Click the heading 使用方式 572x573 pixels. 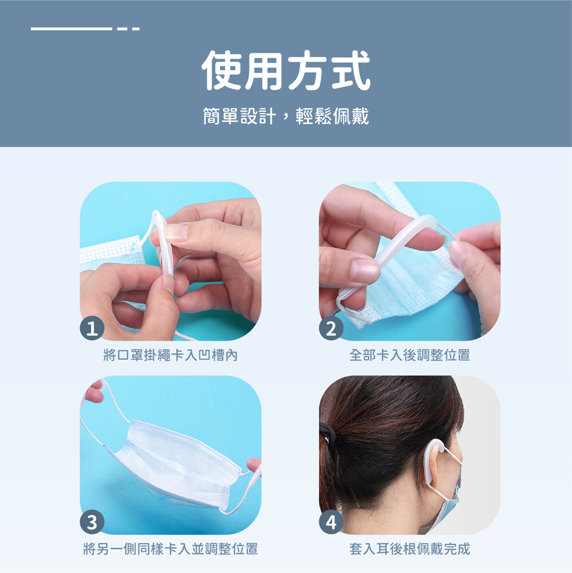pos(286,70)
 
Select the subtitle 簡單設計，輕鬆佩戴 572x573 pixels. pos(286,116)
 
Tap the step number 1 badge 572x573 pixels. pos(92,328)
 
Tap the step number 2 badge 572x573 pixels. pos(331,328)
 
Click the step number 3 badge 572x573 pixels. pos(92,522)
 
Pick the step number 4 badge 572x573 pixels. pos(331,522)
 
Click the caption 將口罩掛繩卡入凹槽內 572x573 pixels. pos(171,355)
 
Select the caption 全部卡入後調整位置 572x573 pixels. pos(409,355)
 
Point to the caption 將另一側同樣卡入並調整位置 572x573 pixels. pos(171,548)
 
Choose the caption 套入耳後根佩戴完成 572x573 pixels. pos(409,548)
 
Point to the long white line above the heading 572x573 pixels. pos(72,29)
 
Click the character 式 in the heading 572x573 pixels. pos(350,70)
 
